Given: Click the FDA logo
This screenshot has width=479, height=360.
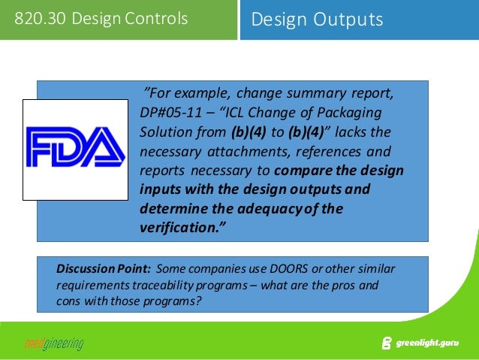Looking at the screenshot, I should pos(75,150).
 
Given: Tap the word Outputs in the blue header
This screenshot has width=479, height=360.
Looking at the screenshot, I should pos(348,20).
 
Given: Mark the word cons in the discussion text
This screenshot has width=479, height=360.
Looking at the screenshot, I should pos(68,302).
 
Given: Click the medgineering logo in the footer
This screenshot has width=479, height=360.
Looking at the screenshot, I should pos(53,344).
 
